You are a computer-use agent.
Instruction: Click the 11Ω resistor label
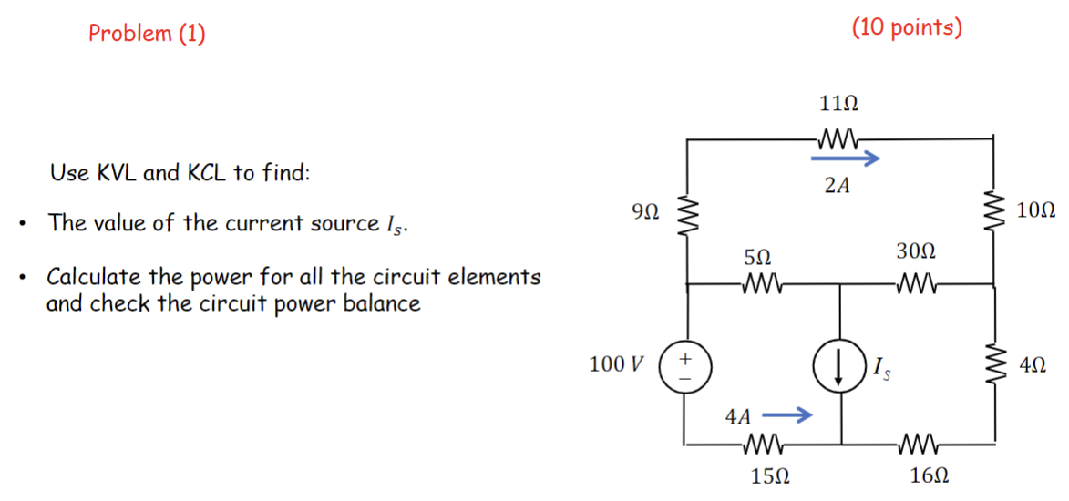(x=838, y=103)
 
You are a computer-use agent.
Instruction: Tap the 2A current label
(x=837, y=187)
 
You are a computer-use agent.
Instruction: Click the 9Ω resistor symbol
(x=686, y=215)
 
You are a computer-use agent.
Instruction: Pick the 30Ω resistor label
(x=917, y=251)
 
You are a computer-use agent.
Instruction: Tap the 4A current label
(x=738, y=417)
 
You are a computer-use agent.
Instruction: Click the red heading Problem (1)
(x=147, y=34)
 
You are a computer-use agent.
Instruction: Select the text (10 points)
(x=907, y=27)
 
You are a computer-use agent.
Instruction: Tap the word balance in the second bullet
(x=382, y=303)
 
